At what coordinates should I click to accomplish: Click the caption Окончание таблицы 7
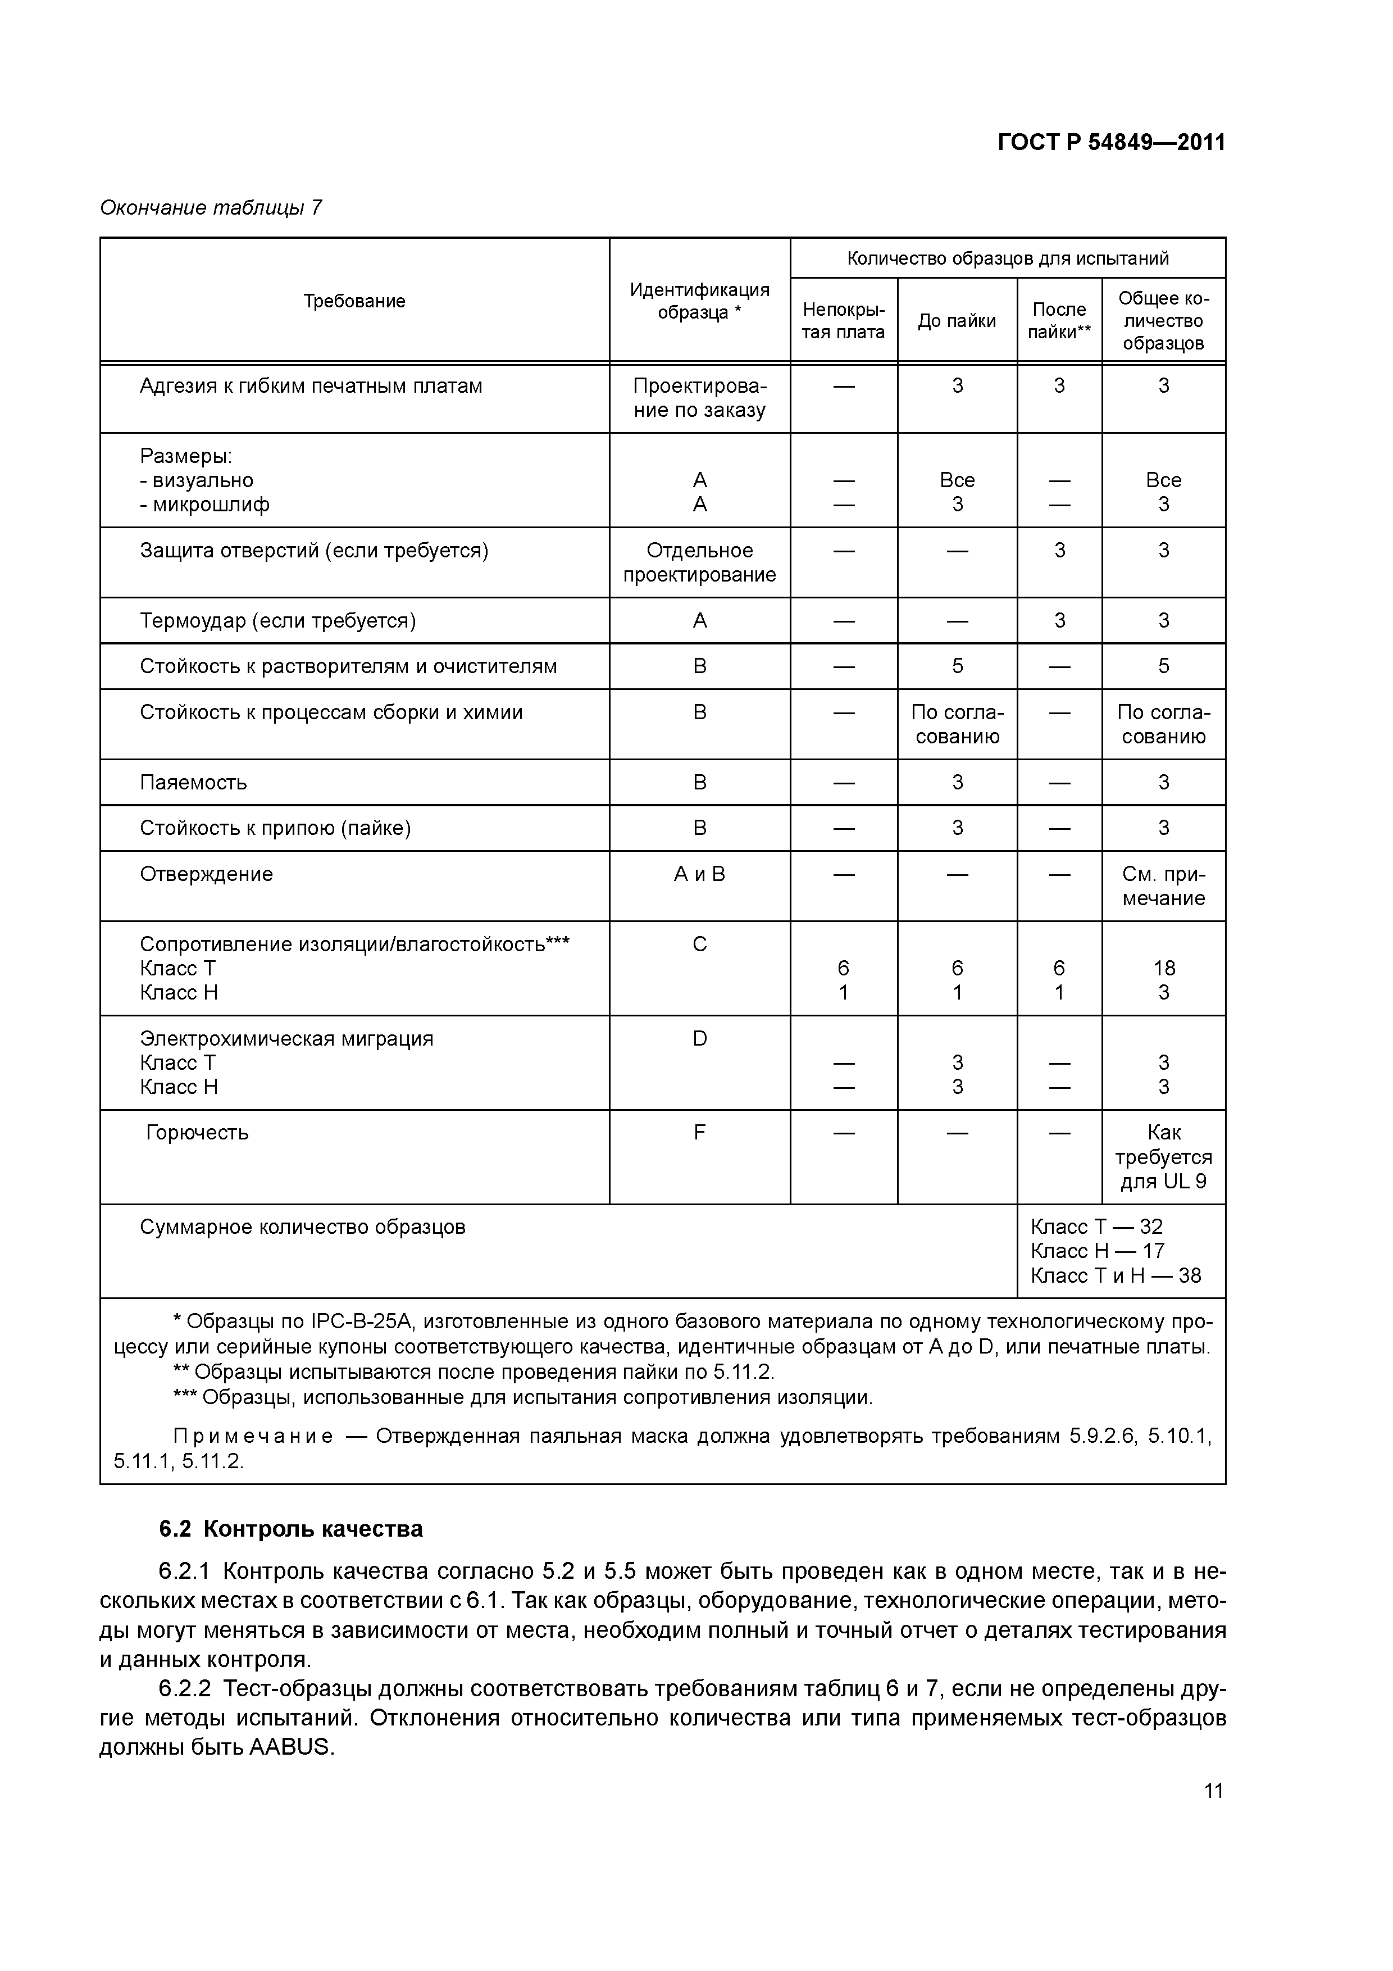point(211,208)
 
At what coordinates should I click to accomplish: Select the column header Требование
point(354,301)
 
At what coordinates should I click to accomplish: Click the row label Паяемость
point(193,782)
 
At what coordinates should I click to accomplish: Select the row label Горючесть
point(197,1132)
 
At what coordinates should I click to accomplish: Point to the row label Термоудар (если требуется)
point(277,621)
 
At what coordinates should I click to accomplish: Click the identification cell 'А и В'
point(699,874)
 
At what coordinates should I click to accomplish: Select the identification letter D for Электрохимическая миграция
point(699,1039)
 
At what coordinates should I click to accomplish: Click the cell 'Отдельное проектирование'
point(699,562)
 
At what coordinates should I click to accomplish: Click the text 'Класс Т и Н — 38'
point(1115,1275)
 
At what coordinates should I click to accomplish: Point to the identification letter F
point(699,1132)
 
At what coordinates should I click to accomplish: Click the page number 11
point(1213,1791)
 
